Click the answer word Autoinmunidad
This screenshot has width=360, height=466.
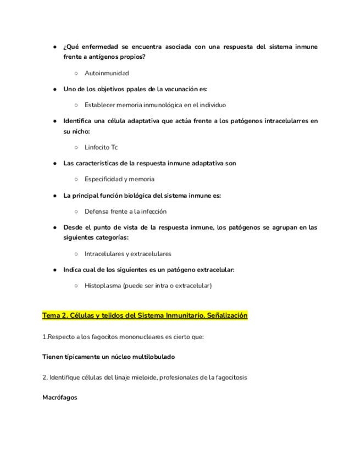tap(107, 73)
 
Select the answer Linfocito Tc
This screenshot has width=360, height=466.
tap(101, 147)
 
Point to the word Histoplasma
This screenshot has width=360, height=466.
tap(103, 286)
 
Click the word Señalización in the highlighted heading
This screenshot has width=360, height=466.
tap(225, 316)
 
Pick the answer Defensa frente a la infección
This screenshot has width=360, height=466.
tap(125, 211)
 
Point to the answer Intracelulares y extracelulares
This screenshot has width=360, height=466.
tap(128, 254)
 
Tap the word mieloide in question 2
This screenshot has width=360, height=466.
tap(139, 378)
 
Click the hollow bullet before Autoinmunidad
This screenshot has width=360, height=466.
tap(76, 74)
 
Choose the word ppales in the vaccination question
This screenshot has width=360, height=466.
tap(127, 89)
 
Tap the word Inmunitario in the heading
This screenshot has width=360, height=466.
tap(180, 316)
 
